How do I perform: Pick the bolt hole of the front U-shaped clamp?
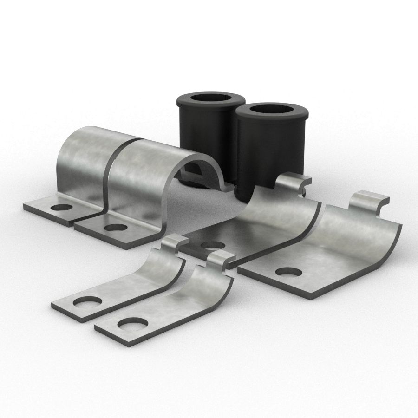[x=115, y=228]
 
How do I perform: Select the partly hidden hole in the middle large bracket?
[x=212, y=245]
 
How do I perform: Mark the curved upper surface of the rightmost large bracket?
[x=358, y=237]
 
